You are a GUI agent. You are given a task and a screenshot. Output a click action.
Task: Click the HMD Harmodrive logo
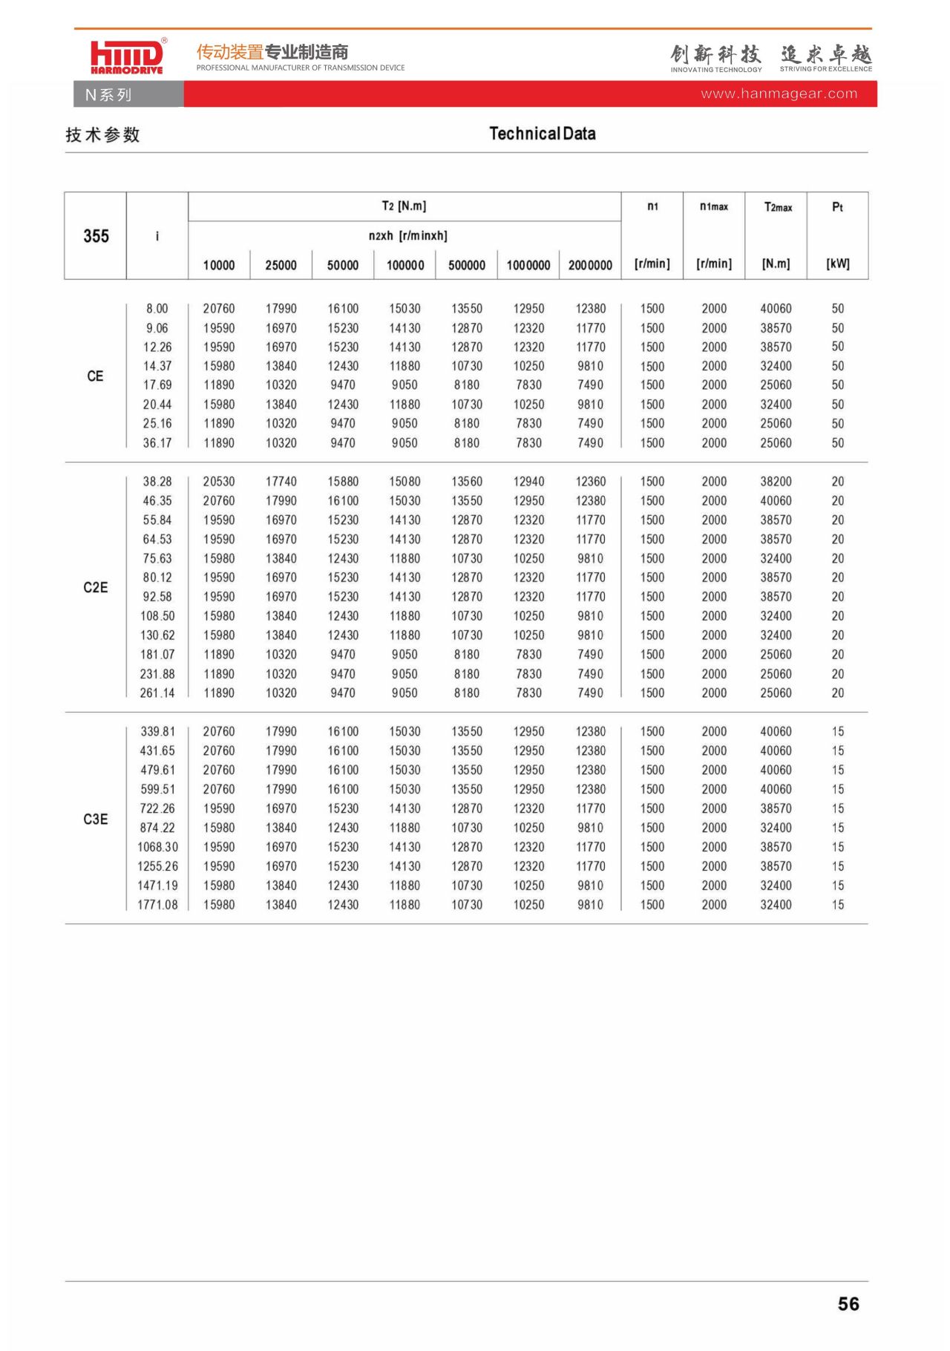click(126, 56)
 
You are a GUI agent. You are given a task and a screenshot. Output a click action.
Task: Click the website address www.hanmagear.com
click(779, 94)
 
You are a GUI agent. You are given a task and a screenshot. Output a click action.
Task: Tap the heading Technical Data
click(542, 134)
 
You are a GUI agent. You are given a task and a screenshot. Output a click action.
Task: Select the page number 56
click(848, 1303)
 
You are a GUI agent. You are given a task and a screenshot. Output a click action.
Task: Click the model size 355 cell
click(96, 236)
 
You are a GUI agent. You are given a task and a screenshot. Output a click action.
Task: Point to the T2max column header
click(777, 207)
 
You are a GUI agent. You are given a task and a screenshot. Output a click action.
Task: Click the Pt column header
click(837, 207)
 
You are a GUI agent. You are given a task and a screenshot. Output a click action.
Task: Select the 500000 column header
click(466, 265)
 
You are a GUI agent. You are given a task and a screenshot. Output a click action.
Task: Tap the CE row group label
click(95, 376)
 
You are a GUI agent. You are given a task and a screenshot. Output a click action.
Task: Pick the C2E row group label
click(95, 587)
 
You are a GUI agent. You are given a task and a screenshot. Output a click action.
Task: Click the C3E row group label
click(95, 819)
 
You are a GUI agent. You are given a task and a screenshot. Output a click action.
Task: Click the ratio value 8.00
click(157, 309)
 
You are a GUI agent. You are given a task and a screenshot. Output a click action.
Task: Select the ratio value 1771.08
click(157, 905)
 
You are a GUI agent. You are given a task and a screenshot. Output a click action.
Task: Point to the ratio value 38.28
click(157, 482)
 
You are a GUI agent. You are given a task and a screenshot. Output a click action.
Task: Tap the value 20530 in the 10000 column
click(219, 482)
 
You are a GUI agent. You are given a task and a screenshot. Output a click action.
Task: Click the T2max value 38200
click(776, 482)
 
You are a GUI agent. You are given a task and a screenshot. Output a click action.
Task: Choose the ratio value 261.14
click(157, 693)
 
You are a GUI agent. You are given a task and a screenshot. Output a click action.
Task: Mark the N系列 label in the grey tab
click(108, 95)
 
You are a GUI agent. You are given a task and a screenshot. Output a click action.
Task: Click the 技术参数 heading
click(102, 134)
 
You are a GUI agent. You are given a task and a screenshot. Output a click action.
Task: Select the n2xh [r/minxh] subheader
click(407, 236)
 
